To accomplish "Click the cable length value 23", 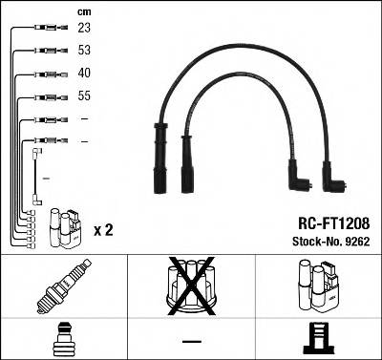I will pos(86,29).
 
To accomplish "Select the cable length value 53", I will pos(86,51).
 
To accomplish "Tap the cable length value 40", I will pos(86,74).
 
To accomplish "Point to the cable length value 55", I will pos(86,96).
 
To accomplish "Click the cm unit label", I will pos(84,11).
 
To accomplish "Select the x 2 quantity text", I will pos(104,231).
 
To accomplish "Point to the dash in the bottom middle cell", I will pos(192,340).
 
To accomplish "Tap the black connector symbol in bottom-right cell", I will pos(320,339).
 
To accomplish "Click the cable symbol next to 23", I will pos(47,30).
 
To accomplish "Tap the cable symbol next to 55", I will pos(47,96).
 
